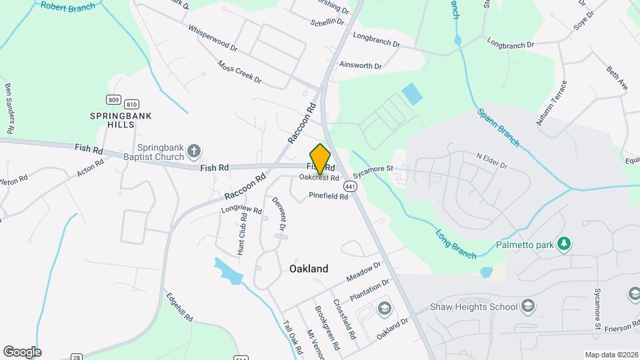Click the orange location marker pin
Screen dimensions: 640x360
[x=321, y=159]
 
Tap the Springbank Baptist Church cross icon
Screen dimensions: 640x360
[x=194, y=151]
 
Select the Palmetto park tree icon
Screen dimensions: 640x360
[x=564, y=244]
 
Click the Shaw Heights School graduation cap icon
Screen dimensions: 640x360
[x=527, y=306]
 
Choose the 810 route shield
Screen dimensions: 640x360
[x=131, y=104]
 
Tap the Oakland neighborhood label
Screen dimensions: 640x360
[x=309, y=269]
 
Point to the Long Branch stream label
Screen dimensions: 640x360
[x=456, y=244]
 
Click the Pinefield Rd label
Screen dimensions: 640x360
[x=329, y=197]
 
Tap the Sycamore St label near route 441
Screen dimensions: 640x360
[x=374, y=171]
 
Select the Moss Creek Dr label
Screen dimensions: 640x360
[x=239, y=72]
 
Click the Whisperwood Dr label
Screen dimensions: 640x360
[x=213, y=38]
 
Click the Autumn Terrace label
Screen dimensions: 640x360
[x=551, y=103]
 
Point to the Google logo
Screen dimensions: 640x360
[x=22, y=351]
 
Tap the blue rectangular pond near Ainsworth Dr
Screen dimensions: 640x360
[x=412, y=93]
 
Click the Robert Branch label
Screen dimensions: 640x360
[x=67, y=7]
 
